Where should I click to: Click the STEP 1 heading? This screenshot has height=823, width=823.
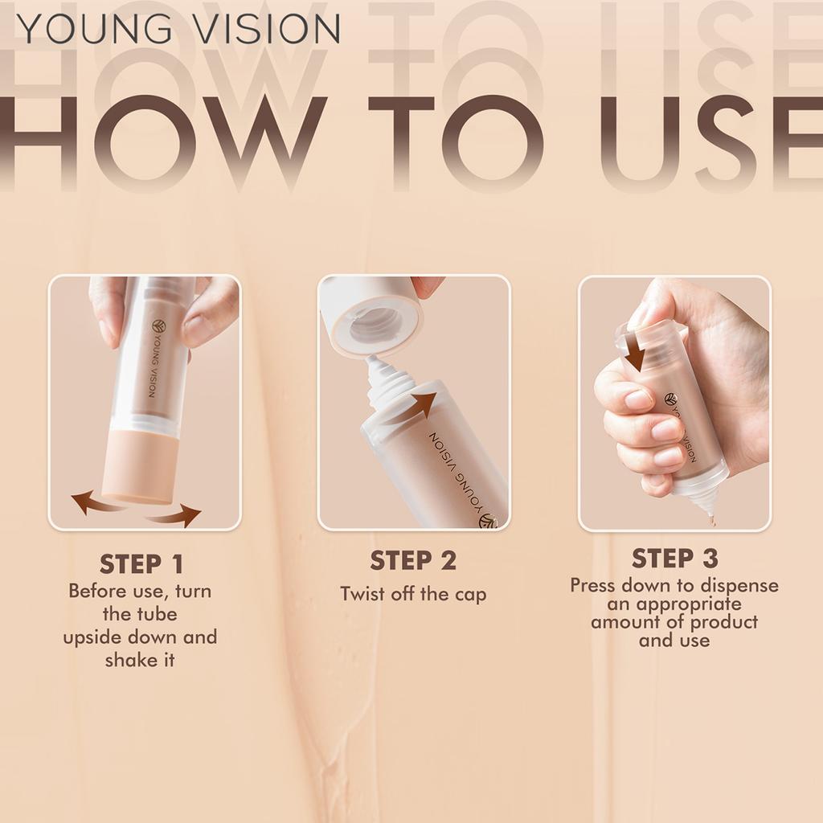(141, 563)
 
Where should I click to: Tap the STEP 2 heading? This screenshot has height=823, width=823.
(413, 561)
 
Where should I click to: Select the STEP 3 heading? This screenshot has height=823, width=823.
(675, 558)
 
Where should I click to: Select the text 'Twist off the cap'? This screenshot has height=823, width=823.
(413, 594)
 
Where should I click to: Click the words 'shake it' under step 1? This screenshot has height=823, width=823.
(140, 661)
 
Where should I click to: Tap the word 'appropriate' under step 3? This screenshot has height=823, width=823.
(674, 604)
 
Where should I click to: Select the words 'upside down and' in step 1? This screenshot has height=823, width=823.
(140, 637)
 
